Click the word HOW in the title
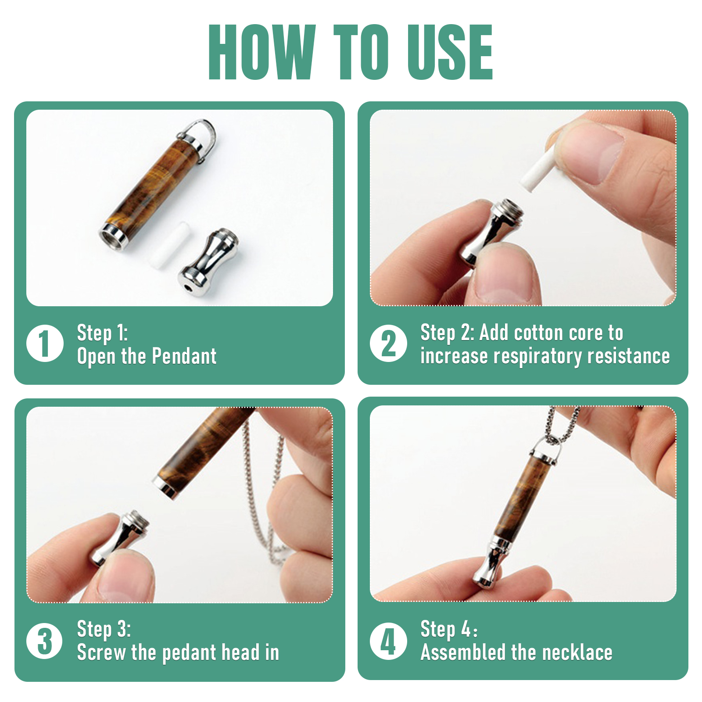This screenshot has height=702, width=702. pyautogui.click(x=262, y=52)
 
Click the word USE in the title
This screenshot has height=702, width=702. pyautogui.click(x=450, y=52)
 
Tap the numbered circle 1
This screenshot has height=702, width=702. pyautogui.click(x=45, y=343)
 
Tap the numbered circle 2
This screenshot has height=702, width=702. pyautogui.click(x=389, y=343)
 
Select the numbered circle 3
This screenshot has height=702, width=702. pyautogui.click(x=45, y=641)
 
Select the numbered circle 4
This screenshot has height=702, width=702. pyautogui.click(x=389, y=641)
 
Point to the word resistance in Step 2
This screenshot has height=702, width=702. pyautogui.click(x=629, y=356)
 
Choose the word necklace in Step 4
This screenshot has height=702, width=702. pyautogui.click(x=577, y=652)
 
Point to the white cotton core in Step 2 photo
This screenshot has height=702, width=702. pyautogui.click(x=538, y=170)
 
